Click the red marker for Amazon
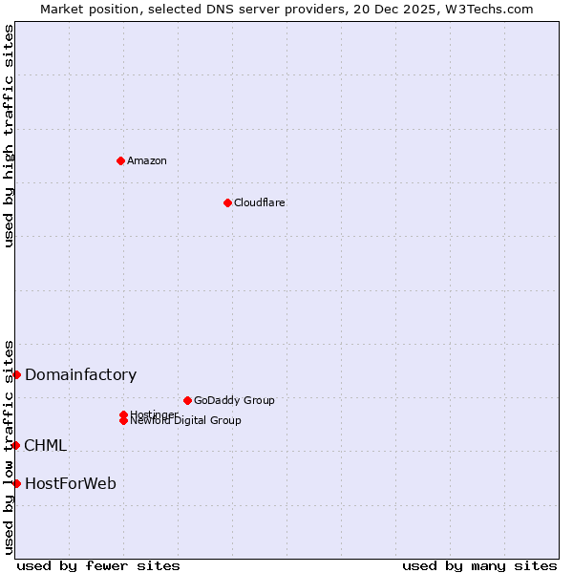pyautogui.click(x=120, y=160)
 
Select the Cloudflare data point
pyautogui.click(x=227, y=202)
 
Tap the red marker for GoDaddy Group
pyautogui.click(x=187, y=400)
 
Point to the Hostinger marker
pyautogui.click(x=123, y=414)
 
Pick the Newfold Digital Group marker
pyautogui.click(x=123, y=421)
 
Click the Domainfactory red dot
pyautogui.click(x=16, y=374)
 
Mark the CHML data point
pyautogui.click(x=16, y=445)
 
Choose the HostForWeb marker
pyautogui.click(x=16, y=483)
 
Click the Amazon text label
pyautogui.click(x=147, y=160)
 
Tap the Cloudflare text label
pyautogui.click(x=260, y=202)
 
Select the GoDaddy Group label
pyautogui.click(x=234, y=400)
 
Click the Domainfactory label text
pyautogui.click(x=81, y=375)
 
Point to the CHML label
pyautogui.click(x=46, y=446)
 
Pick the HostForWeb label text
pyautogui.click(x=71, y=484)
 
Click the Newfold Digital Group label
pyautogui.click(x=186, y=421)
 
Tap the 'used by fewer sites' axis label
pyautogui.click(x=98, y=565)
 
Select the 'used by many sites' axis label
pyautogui.click(x=479, y=565)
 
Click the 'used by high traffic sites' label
pyautogui.click(x=9, y=136)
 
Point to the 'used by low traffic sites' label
pyautogui.click(x=9, y=447)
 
